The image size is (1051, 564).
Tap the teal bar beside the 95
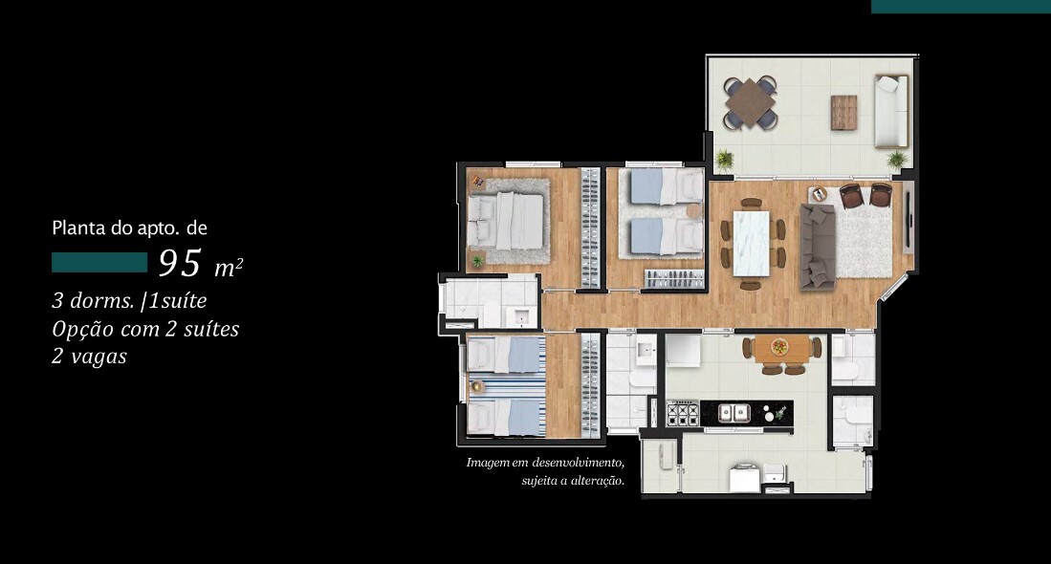tap(99, 263)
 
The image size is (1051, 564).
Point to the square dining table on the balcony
tap(751, 101)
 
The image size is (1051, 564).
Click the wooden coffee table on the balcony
tap(843, 112)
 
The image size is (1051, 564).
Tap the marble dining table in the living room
tap(752, 244)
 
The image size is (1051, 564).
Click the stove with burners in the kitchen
tap(682, 413)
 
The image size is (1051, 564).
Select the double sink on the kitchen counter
tap(734, 413)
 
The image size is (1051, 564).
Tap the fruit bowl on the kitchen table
tap(779, 347)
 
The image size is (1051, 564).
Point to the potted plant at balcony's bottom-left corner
tap(724, 160)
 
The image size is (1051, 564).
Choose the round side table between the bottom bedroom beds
tap(478, 387)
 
